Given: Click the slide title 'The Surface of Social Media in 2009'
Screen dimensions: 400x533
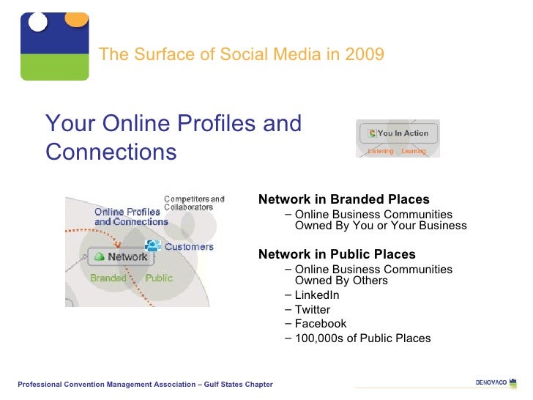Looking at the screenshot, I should pos(241,54).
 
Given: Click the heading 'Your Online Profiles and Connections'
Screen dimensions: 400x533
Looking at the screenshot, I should pos(173,137).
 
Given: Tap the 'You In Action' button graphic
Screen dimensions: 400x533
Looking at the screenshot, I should pos(403,133).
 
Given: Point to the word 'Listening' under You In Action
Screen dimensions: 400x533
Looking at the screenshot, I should pos(381,152).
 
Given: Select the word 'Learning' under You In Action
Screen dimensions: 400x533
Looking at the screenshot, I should pos(414,152).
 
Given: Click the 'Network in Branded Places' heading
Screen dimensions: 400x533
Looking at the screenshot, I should pos(344,199).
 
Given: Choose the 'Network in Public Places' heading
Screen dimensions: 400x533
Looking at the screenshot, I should pos(337,254).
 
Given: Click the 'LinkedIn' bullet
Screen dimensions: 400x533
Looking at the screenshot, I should pos(316,295).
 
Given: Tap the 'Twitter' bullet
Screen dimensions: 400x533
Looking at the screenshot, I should pos(312,309).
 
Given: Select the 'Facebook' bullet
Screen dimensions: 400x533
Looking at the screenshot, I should pos(320,324).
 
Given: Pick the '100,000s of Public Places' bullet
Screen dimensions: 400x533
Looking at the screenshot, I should pos(362,338).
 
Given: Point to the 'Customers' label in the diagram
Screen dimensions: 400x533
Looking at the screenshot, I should pos(188,247).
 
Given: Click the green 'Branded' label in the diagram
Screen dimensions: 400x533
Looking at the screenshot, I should pos(108,278).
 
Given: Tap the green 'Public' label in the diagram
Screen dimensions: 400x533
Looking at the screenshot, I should pos(159,278).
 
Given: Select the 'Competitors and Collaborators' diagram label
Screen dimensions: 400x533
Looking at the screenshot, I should pos(193,202).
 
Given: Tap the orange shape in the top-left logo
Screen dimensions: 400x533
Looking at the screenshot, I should pos(75,19).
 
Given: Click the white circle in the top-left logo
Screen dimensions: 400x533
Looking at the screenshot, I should pos(37,21).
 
